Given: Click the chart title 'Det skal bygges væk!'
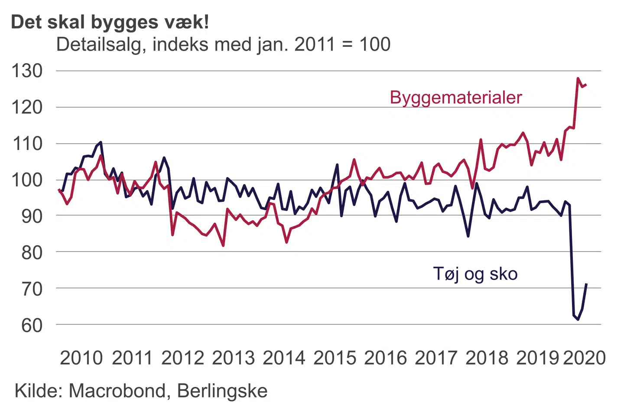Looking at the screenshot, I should click(x=110, y=22).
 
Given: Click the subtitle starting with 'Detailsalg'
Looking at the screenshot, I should click(x=223, y=44).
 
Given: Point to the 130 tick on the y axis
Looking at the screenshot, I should click(x=27, y=71).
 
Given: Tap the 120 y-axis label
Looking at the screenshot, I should click(x=27, y=107).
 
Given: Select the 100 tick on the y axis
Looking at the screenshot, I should click(x=27, y=179).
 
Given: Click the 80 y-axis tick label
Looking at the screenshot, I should click(x=32, y=252).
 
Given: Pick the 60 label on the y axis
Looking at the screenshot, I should click(x=32, y=325).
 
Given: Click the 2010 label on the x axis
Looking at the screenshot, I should click(x=81, y=358).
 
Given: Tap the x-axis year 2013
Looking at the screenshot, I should click(x=233, y=358).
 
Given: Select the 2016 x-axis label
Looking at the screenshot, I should click(x=386, y=358).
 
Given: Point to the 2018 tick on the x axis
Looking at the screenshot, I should click(x=487, y=358).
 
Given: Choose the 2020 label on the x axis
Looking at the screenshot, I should click(x=584, y=358).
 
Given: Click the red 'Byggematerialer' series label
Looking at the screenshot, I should click(x=456, y=97).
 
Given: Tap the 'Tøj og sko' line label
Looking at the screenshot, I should click(x=475, y=274).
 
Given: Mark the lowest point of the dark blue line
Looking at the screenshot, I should click(x=578, y=319).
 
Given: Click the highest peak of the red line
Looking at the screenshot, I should click(x=578, y=78).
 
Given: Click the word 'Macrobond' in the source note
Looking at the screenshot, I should click(x=117, y=391).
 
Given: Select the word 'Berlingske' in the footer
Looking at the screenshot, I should click(x=222, y=391).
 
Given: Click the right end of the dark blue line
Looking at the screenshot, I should click(x=586, y=284).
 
